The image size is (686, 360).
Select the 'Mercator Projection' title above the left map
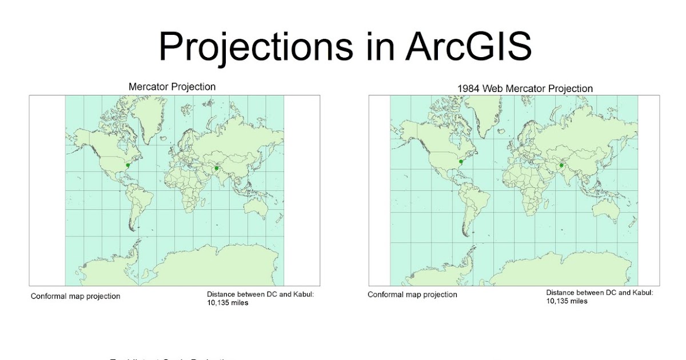[172, 87]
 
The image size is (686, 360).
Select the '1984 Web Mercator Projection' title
[525, 89]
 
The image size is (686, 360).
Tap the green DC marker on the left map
[127, 165]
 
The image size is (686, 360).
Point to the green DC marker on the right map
[460, 163]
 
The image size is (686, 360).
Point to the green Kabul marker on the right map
[561, 166]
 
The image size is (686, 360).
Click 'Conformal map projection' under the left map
[75, 296]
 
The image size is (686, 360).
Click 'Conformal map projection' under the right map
[412, 295]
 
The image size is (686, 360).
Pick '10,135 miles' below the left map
[228, 303]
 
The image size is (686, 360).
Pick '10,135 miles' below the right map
[567, 301]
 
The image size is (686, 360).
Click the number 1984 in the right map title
[468, 89]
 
